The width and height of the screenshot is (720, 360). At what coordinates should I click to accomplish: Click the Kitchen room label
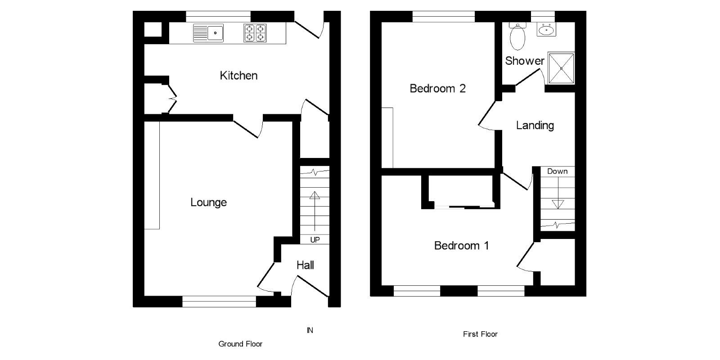(238, 76)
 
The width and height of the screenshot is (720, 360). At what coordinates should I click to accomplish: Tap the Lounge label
(208, 202)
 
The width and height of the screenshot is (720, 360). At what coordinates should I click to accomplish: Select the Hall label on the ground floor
(305, 265)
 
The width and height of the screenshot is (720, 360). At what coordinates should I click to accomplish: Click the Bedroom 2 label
(437, 89)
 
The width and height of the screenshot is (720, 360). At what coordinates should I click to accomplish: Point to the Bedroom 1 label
(461, 246)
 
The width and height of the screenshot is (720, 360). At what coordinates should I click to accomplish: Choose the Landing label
(535, 126)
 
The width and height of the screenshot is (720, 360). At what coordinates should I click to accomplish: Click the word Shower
(525, 61)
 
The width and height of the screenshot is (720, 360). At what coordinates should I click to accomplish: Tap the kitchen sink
(209, 33)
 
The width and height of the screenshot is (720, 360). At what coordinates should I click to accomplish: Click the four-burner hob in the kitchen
(255, 33)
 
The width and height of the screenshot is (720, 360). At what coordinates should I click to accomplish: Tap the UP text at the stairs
(315, 240)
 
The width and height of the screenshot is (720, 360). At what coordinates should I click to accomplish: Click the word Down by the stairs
(558, 171)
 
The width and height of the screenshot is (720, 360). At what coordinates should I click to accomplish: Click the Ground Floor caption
(240, 344)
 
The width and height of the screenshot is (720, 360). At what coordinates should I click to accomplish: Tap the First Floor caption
(480, 334)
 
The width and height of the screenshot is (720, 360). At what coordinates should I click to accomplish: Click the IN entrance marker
(310, 330)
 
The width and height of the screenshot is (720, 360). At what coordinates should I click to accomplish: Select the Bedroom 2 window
(444, 16)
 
